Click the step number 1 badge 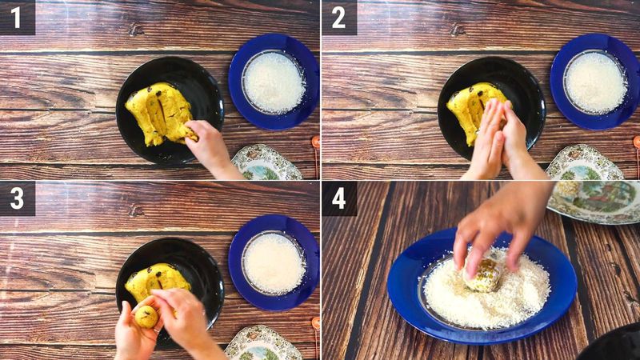coord(17,17)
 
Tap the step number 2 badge coord(339,17)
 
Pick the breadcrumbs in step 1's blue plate coord(274,82)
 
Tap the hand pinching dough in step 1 coord(210,144)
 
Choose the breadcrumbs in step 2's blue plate coord(595,82)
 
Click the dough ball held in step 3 coord(146,316)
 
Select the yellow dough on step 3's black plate coord(156,280)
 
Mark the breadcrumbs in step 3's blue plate coord(274,262)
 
